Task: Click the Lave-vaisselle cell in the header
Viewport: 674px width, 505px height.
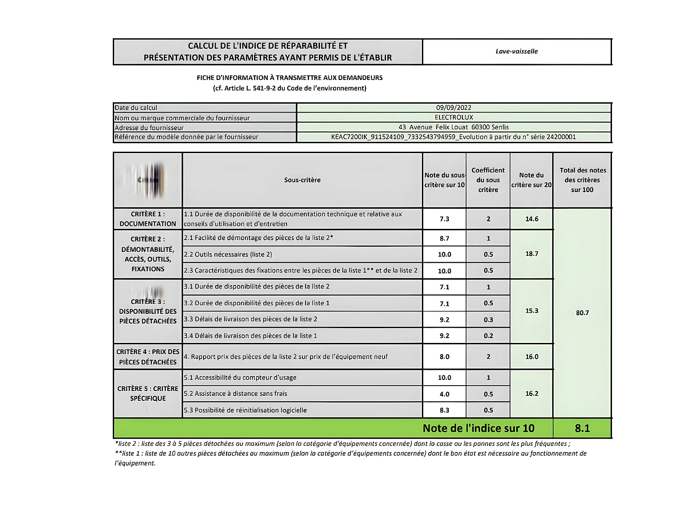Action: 517,51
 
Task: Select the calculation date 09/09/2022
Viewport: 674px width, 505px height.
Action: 453,108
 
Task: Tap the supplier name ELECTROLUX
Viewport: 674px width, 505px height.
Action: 453,117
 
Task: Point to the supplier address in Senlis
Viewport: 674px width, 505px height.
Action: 453,127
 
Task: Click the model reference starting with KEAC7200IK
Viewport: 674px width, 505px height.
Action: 453,137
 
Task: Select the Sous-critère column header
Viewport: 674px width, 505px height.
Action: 302,180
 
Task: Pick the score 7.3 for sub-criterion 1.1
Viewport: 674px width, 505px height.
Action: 444,219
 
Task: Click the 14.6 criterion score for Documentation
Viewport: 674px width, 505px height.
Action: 532,219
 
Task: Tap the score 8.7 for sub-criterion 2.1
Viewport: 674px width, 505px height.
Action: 444,238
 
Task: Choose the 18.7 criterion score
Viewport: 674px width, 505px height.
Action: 532,254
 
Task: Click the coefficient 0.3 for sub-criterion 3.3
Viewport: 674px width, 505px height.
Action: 488,320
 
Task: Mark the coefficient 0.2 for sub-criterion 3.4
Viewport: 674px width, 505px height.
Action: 488,336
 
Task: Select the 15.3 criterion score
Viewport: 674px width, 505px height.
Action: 532,311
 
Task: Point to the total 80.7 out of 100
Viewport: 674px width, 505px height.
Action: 582,313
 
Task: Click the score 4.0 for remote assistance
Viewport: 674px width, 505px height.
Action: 444,394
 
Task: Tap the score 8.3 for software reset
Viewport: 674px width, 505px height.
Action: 444,410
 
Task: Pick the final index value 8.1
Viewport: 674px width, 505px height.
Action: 582,428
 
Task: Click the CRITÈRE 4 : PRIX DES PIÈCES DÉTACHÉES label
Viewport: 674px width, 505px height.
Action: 148,357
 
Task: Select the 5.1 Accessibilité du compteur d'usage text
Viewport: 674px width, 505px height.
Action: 240,378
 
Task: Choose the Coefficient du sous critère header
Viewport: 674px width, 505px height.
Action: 488,180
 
